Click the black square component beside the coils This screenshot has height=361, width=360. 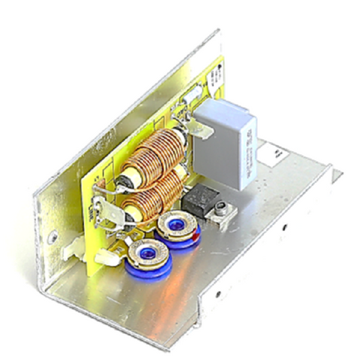click(x=198, y=200)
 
